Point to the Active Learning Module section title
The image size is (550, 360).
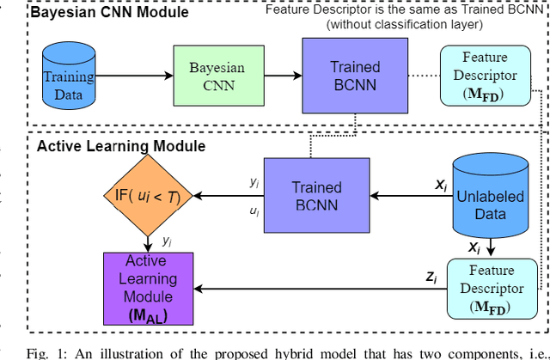[x=120, y=146]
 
